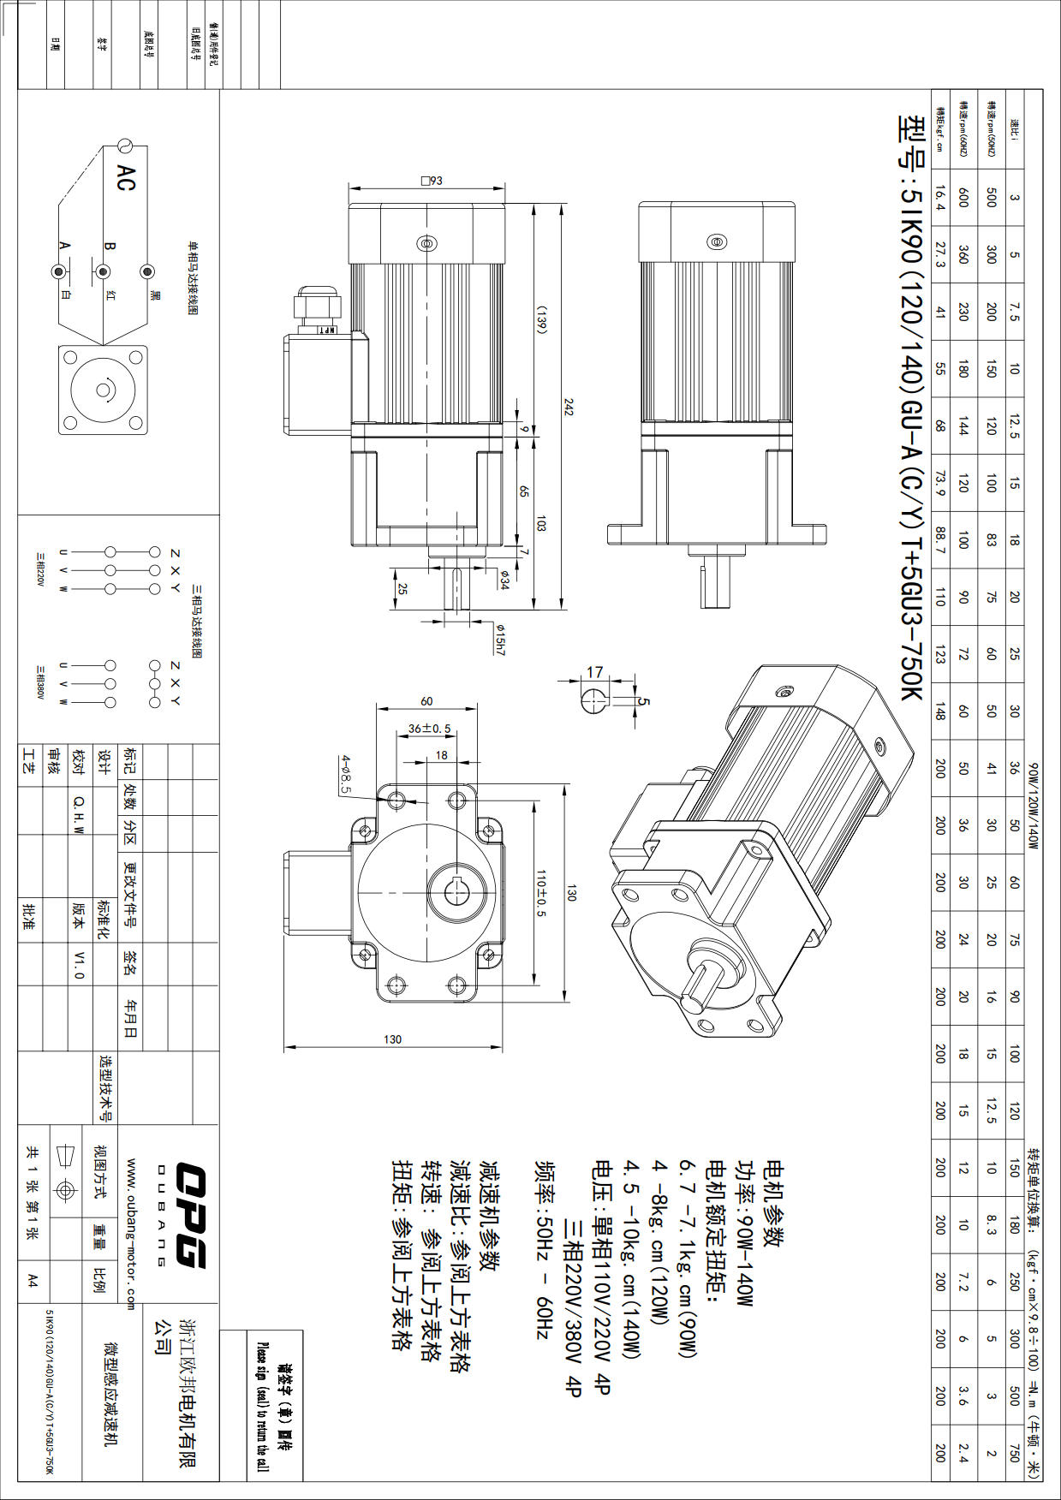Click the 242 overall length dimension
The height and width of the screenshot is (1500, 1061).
(568, 407)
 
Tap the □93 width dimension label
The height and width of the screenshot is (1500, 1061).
(432, 181)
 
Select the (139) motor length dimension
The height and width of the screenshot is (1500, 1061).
(541, 319)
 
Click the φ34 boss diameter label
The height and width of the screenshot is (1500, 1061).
(504, 579)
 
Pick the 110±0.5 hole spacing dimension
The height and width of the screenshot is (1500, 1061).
(540, 893)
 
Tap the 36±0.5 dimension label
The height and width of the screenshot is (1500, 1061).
(429, 729)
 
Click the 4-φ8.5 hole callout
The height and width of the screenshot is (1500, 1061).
(346, 774)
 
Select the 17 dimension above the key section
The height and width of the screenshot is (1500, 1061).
(594, 672)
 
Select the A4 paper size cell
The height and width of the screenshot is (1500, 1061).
(33, 1279)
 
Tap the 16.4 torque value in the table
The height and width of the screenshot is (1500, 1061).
(939, 198)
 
